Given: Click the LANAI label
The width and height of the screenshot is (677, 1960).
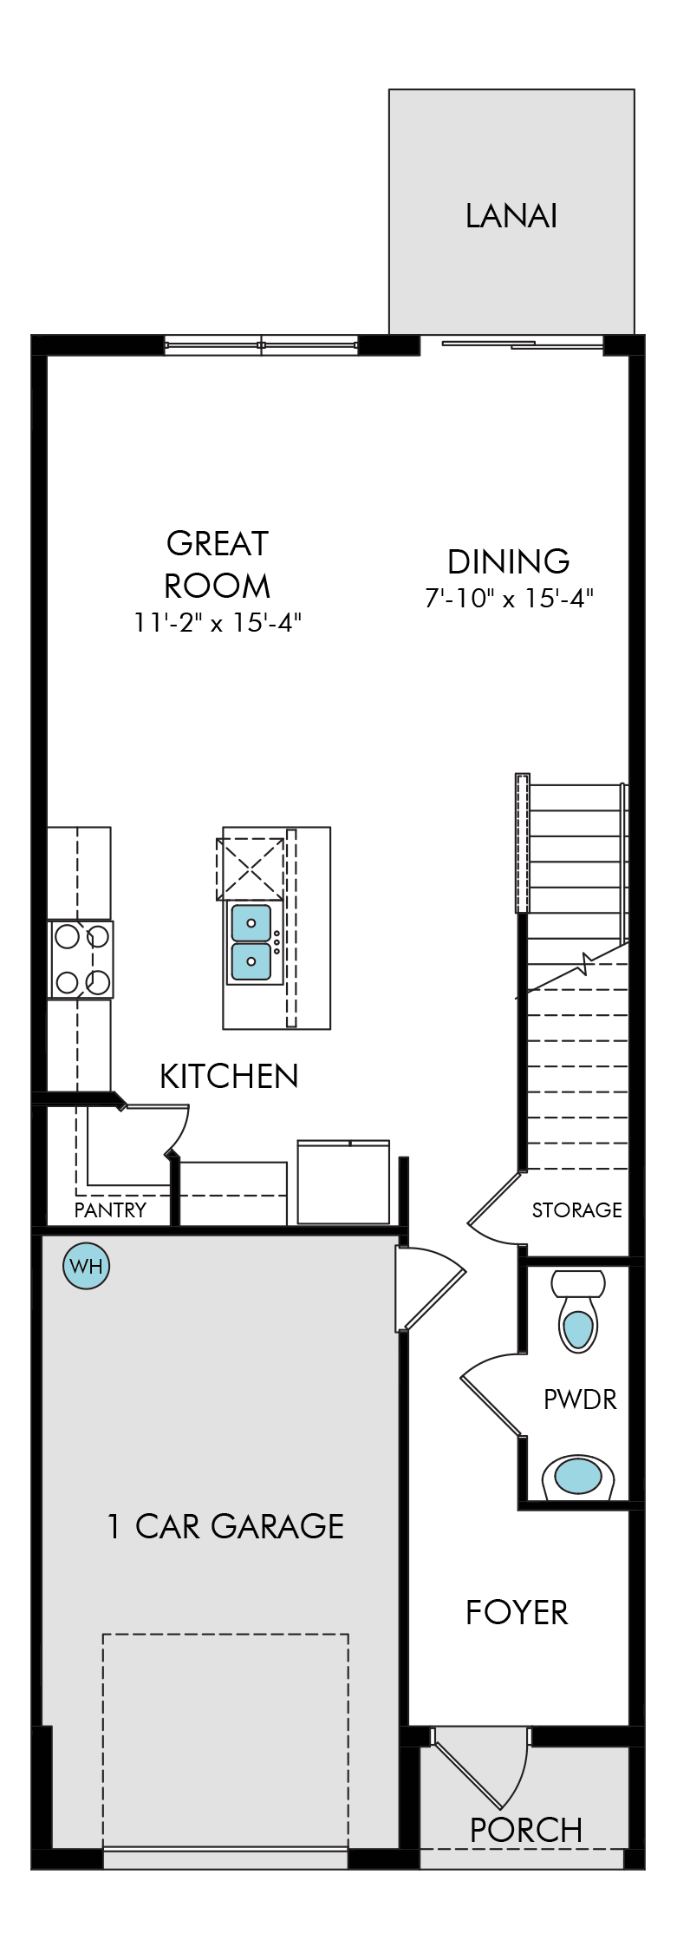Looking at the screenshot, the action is pos(511,216).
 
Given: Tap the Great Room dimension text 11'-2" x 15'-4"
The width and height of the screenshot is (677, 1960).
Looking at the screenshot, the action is pos(218,622).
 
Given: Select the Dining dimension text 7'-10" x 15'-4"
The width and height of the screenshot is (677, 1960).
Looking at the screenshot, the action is pos(509,598).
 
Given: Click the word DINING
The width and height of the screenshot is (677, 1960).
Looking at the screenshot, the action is pos(509,561).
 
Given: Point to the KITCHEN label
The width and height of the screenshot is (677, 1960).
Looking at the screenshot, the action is pos(229,1076).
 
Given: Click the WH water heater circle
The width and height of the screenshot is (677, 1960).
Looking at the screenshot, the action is pos(87,1266).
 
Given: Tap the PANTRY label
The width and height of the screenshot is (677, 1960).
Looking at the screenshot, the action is pos(110,1209).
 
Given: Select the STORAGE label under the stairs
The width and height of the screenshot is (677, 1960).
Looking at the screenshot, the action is pos(576,1209).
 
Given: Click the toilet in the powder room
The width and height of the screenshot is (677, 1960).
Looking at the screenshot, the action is pos(578,1311).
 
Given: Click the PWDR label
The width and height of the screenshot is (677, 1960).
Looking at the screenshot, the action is pos(580,1400).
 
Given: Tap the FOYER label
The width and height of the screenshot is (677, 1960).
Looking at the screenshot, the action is pos(517,1613).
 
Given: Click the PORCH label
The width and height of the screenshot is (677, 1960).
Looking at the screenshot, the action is pos(525,1830).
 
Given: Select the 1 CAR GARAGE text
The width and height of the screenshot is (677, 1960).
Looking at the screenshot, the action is pos(225,1526).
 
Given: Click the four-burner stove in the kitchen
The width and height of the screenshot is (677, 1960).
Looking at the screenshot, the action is pos(81,960).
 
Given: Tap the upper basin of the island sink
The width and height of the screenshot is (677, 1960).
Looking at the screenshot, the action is pos(251,923).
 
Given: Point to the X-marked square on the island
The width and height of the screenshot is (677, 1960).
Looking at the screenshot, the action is pos(250,869).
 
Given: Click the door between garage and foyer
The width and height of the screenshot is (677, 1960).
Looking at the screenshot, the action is pos(430,1288).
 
